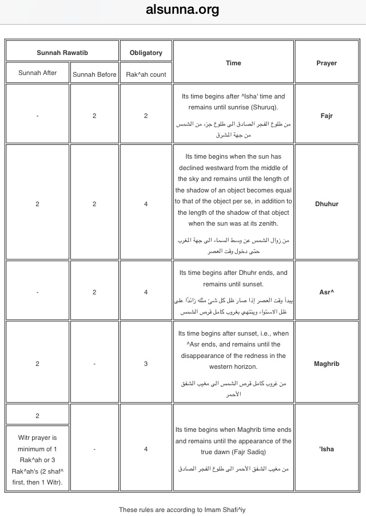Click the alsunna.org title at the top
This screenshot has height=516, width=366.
(x=182, y=10)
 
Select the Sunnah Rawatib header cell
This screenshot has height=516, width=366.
(x=62, y=53)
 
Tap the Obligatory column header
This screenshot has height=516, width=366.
(x=146, y=53)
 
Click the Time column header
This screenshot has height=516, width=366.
(x=233, y=63)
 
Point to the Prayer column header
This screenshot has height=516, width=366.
(x=327, y=63)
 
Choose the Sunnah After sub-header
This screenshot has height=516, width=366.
(x=38, y=73)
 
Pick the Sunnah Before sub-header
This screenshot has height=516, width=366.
(x=94, y=74)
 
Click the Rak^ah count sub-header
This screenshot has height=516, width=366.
(x=146, y=74)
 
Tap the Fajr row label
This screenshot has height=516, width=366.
(x=327, y=116)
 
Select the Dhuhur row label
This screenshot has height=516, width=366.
(x=327, y=204)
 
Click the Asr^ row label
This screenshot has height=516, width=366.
(x=327, y=292)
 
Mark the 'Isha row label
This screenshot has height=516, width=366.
(x=327, y=449)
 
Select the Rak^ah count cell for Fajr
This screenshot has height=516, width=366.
(x=146, y=116)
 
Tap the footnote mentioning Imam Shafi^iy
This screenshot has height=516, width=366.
(x=182, y=509)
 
